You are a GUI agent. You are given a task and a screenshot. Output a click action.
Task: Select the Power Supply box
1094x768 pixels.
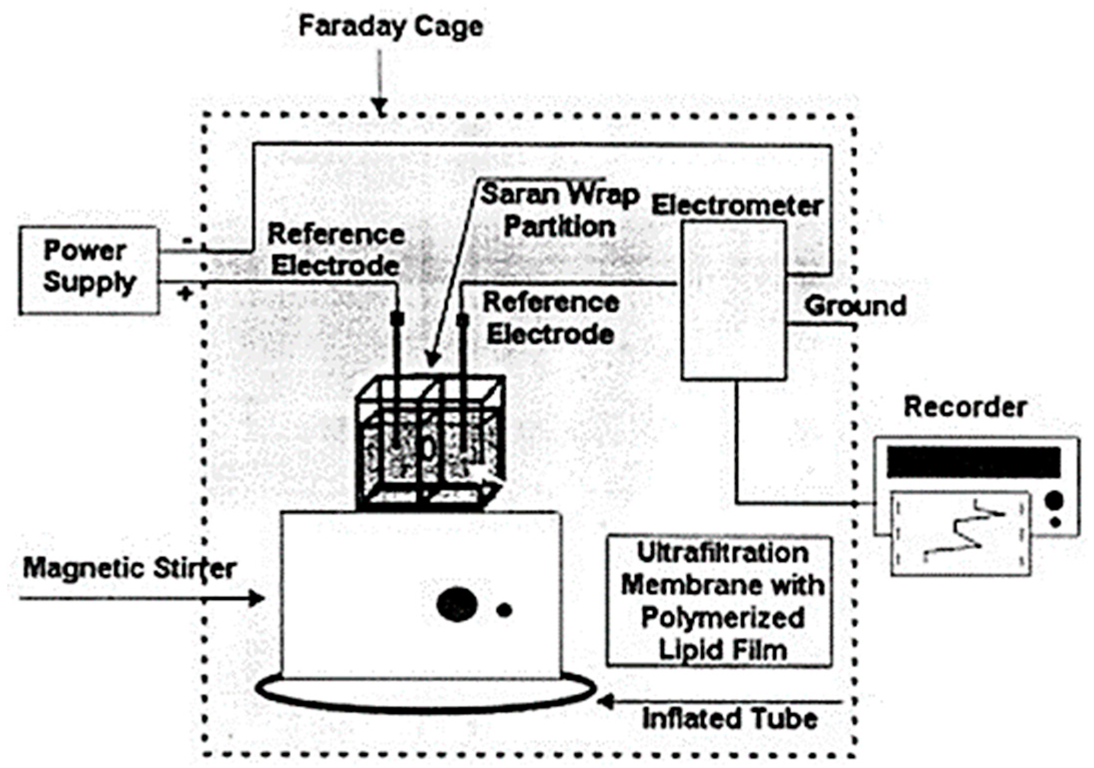click(89, 270)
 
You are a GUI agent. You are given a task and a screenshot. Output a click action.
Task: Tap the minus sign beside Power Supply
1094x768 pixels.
click(187, 241)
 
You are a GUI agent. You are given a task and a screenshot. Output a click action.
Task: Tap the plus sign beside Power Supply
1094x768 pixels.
click(185, 294)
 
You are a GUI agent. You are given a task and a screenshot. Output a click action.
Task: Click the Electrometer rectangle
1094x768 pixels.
click(733, 300)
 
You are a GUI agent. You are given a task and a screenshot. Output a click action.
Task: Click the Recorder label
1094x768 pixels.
click(965, 407)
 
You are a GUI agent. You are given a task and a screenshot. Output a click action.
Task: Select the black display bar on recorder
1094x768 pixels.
click(973, 462)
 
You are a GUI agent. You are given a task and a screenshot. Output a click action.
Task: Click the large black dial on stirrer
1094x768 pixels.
click(456, 604)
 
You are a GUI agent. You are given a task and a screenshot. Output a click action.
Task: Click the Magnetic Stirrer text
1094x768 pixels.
click(129, 569)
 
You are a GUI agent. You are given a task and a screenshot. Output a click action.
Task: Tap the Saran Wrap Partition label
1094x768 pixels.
click(560, 210)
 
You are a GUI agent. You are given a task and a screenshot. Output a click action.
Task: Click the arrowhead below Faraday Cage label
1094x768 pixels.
click(381, 108)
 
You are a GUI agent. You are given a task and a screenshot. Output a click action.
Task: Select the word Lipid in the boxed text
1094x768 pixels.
click(686, 650)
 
